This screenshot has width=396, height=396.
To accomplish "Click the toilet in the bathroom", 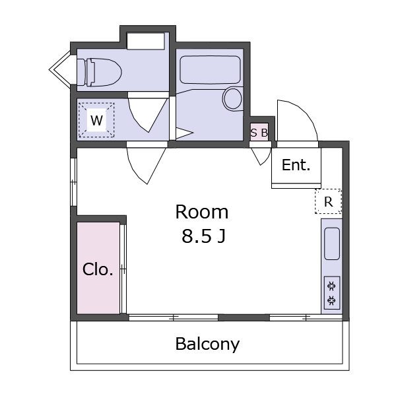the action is pos(100,72).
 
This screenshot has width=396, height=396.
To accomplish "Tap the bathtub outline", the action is pos(210,70).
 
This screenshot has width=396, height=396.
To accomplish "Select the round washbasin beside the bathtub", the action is pos(232,98).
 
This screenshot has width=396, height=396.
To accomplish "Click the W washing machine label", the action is pos(96,120).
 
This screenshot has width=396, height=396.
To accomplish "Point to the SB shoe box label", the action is pos(259,133).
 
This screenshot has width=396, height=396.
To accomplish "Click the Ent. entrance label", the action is pos(296,165).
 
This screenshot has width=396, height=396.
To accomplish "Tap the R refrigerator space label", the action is pos(328,202).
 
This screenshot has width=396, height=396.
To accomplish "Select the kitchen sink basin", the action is pos(331,244).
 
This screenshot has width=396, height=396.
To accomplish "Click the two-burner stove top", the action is pos(331,293).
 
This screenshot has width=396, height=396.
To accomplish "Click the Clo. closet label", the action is pos(98,269).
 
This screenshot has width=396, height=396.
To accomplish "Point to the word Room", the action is pos(202,212).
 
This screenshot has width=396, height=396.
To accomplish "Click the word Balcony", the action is pos(207,344).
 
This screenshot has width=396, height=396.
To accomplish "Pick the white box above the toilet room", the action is pos(146,41).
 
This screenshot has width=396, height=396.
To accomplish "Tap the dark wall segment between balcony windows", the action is pos(244,317).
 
